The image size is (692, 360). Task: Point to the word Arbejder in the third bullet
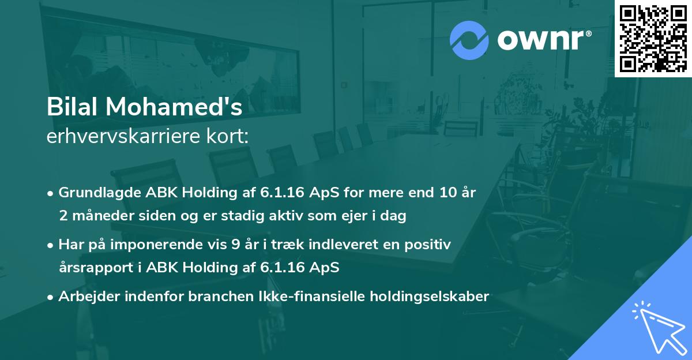click(x=86, y=297)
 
